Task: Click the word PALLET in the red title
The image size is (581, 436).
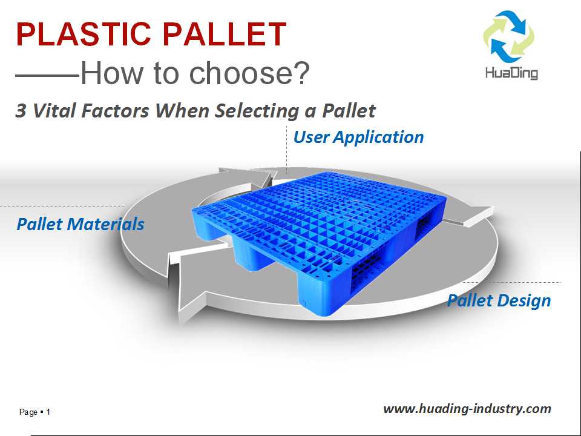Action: pyautogui.click(x=225, y=34)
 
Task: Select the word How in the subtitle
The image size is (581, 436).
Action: pyautogui.click(x=111, y=73)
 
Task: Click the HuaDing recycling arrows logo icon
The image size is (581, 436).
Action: pyautogui.click(x=509, y=36)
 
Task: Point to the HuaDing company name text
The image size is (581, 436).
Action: pyautogui.click(x=511, y=73)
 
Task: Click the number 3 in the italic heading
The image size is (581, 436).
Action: pyautogui.click(x=21, y=110)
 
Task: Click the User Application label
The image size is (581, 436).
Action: pyautogui.click(x=358, y=137)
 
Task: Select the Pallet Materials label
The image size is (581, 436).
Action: pyautogui.click(x=80, y=224)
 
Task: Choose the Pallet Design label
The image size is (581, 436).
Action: pyautogui.click(x=499, y=300)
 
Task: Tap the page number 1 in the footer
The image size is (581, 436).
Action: pyautogui.click(x=48, y=412)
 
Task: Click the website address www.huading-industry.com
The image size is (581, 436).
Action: pyautogui.click(x=467, y=409)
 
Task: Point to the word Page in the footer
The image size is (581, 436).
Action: pyautogui.click(x=28, y=412)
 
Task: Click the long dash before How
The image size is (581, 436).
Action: pyautogui.click(x=47, y=75)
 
